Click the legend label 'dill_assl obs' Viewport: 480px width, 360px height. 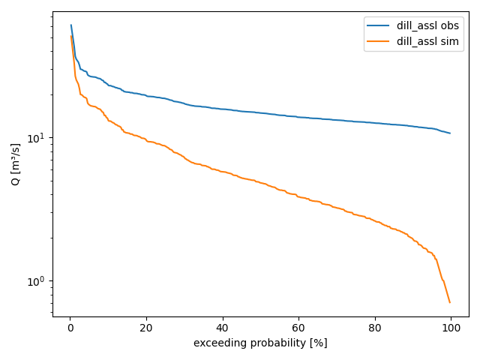[427, 26]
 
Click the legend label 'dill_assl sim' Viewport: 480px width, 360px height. [427, 41]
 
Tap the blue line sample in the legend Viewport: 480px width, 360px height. [380, 26]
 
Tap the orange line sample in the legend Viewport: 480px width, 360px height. [380, 41]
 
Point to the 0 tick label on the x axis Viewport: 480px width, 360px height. [70, 328]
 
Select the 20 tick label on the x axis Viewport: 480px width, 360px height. [147, 328]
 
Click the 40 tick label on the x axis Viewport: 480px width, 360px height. [223, 328]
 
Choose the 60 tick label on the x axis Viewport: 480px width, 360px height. [298, 328]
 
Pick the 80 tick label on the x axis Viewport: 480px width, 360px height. [374, 328]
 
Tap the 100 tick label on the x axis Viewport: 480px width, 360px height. [450, 328]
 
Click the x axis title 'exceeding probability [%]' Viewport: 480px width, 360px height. [260, 343]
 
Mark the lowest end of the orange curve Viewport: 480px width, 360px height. [450, 302]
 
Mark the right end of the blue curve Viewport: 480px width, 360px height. [450, 133]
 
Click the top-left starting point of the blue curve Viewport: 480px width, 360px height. [71, 25]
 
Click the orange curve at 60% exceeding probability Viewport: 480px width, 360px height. [298, 196]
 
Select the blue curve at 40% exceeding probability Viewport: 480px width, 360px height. [223, 109]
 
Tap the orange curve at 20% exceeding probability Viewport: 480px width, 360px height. [147, 141]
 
